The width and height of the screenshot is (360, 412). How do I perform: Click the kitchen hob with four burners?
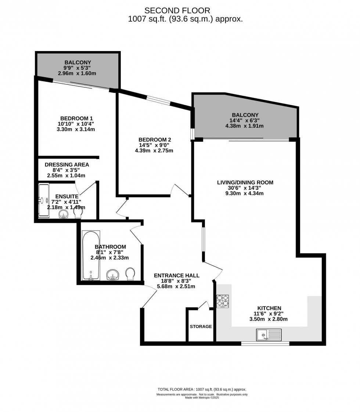(223, 301)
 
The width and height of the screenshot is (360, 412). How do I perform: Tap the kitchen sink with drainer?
(269, 334)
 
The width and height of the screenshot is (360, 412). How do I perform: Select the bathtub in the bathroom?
(90, 255)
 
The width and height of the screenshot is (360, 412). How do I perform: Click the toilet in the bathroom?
(130, 274)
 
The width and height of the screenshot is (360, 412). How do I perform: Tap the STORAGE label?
(201, 326)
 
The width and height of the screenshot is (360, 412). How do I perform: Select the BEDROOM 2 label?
(154, 140)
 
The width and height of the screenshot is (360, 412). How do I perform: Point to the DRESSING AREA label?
(67, 165)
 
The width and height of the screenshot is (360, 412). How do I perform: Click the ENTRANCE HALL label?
(176, 275)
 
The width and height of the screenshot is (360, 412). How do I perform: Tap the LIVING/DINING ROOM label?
(245, 182)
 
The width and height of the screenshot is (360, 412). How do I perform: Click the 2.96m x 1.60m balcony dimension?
(77, 73)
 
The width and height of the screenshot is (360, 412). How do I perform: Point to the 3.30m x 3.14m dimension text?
(76, 129)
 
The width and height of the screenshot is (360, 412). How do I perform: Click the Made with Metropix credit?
(202, 397)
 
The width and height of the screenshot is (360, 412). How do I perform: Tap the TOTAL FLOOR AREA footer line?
(202, 390)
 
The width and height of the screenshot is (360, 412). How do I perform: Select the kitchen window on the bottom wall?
(265, 344)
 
